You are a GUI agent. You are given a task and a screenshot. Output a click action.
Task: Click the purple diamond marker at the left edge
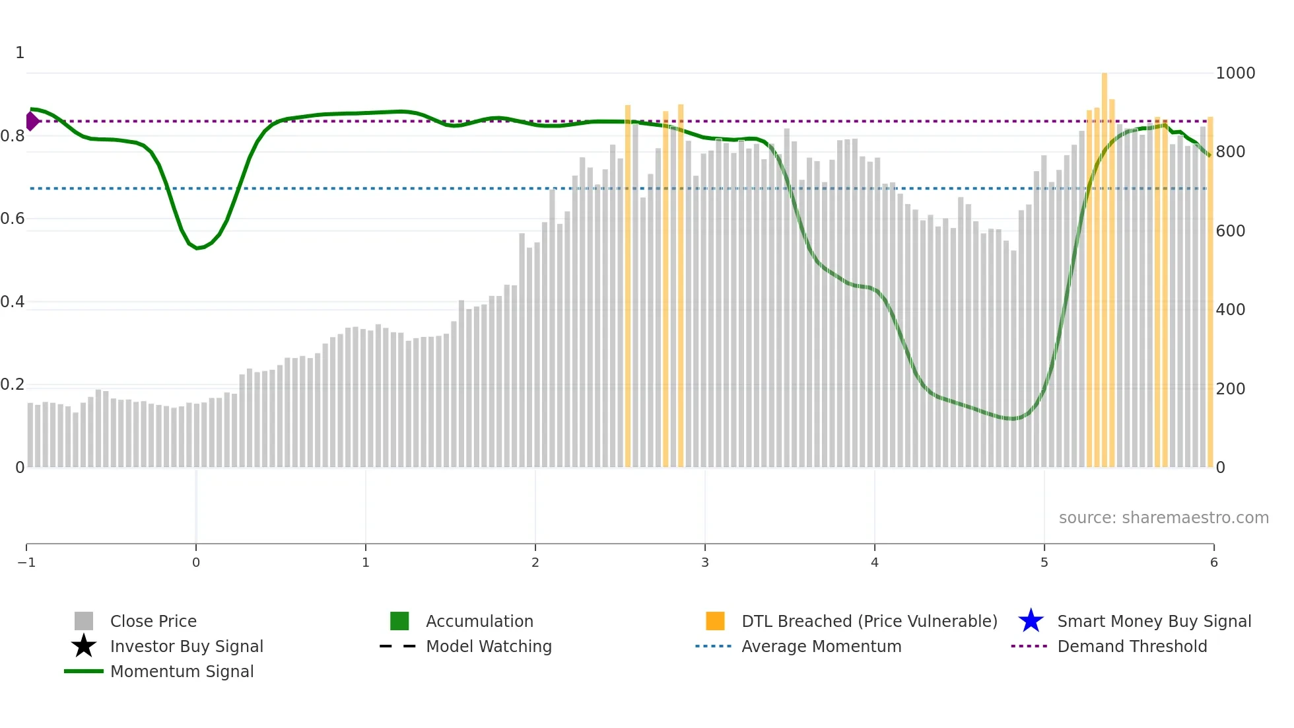tap(32, 122)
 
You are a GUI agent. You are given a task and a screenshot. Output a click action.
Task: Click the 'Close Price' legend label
tap(153, 621)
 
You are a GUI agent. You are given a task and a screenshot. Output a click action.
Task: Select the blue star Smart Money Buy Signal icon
tap(1031, 621)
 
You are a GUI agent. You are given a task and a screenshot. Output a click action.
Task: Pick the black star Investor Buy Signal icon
tap(84, 646)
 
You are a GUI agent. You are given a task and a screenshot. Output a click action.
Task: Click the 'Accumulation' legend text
tap(479, 621)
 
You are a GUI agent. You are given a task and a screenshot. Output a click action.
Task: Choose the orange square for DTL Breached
tap(715, 621)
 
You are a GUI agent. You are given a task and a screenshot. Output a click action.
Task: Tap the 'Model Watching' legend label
tap(489, 646)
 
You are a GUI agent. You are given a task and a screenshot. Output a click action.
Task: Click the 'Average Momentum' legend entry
tap(821, 646)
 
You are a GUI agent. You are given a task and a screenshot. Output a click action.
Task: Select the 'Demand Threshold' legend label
tap(1132, 646)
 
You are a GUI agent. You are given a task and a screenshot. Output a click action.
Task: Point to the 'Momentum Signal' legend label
tap(182, 671)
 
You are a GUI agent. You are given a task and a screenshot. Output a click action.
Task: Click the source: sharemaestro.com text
tap(1163, 517)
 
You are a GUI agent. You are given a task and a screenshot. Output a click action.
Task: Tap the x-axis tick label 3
tap(705, 562)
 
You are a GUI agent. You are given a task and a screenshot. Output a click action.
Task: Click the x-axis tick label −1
tap(26, 562)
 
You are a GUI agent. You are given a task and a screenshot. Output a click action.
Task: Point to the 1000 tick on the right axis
tap(1235, 73)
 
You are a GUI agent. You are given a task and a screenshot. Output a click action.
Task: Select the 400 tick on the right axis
tap(1231, 309)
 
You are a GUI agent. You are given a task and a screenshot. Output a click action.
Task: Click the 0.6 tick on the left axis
tap(13, 219)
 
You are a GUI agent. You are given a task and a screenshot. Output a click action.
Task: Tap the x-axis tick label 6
tap(1213, 562)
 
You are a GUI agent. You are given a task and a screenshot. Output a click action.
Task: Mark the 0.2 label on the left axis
tap(13, 384)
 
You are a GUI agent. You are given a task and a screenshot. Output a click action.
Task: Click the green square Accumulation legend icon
tap(399, 621)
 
